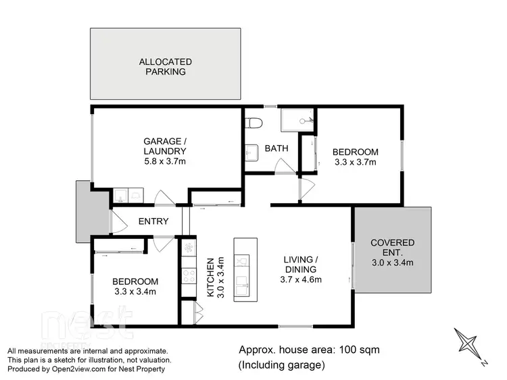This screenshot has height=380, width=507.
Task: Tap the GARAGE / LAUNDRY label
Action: pos(164,146)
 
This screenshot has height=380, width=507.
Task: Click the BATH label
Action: pos(276,148)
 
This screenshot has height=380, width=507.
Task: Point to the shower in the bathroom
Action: pos(297,121)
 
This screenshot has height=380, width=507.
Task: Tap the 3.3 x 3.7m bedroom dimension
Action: pos(355,162)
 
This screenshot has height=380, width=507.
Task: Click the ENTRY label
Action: pos(153,221)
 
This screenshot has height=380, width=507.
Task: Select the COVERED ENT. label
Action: pos(393,248)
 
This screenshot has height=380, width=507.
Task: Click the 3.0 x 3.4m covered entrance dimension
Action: pos(393,263)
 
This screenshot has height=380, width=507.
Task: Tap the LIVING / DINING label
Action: pos(299,265)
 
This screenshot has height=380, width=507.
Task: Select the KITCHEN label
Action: pos(210,277)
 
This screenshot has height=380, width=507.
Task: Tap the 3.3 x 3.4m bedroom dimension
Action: pos(135,292)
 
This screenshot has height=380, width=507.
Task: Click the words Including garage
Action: pos(283,365)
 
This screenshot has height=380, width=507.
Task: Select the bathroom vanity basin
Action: pos(250,154)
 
